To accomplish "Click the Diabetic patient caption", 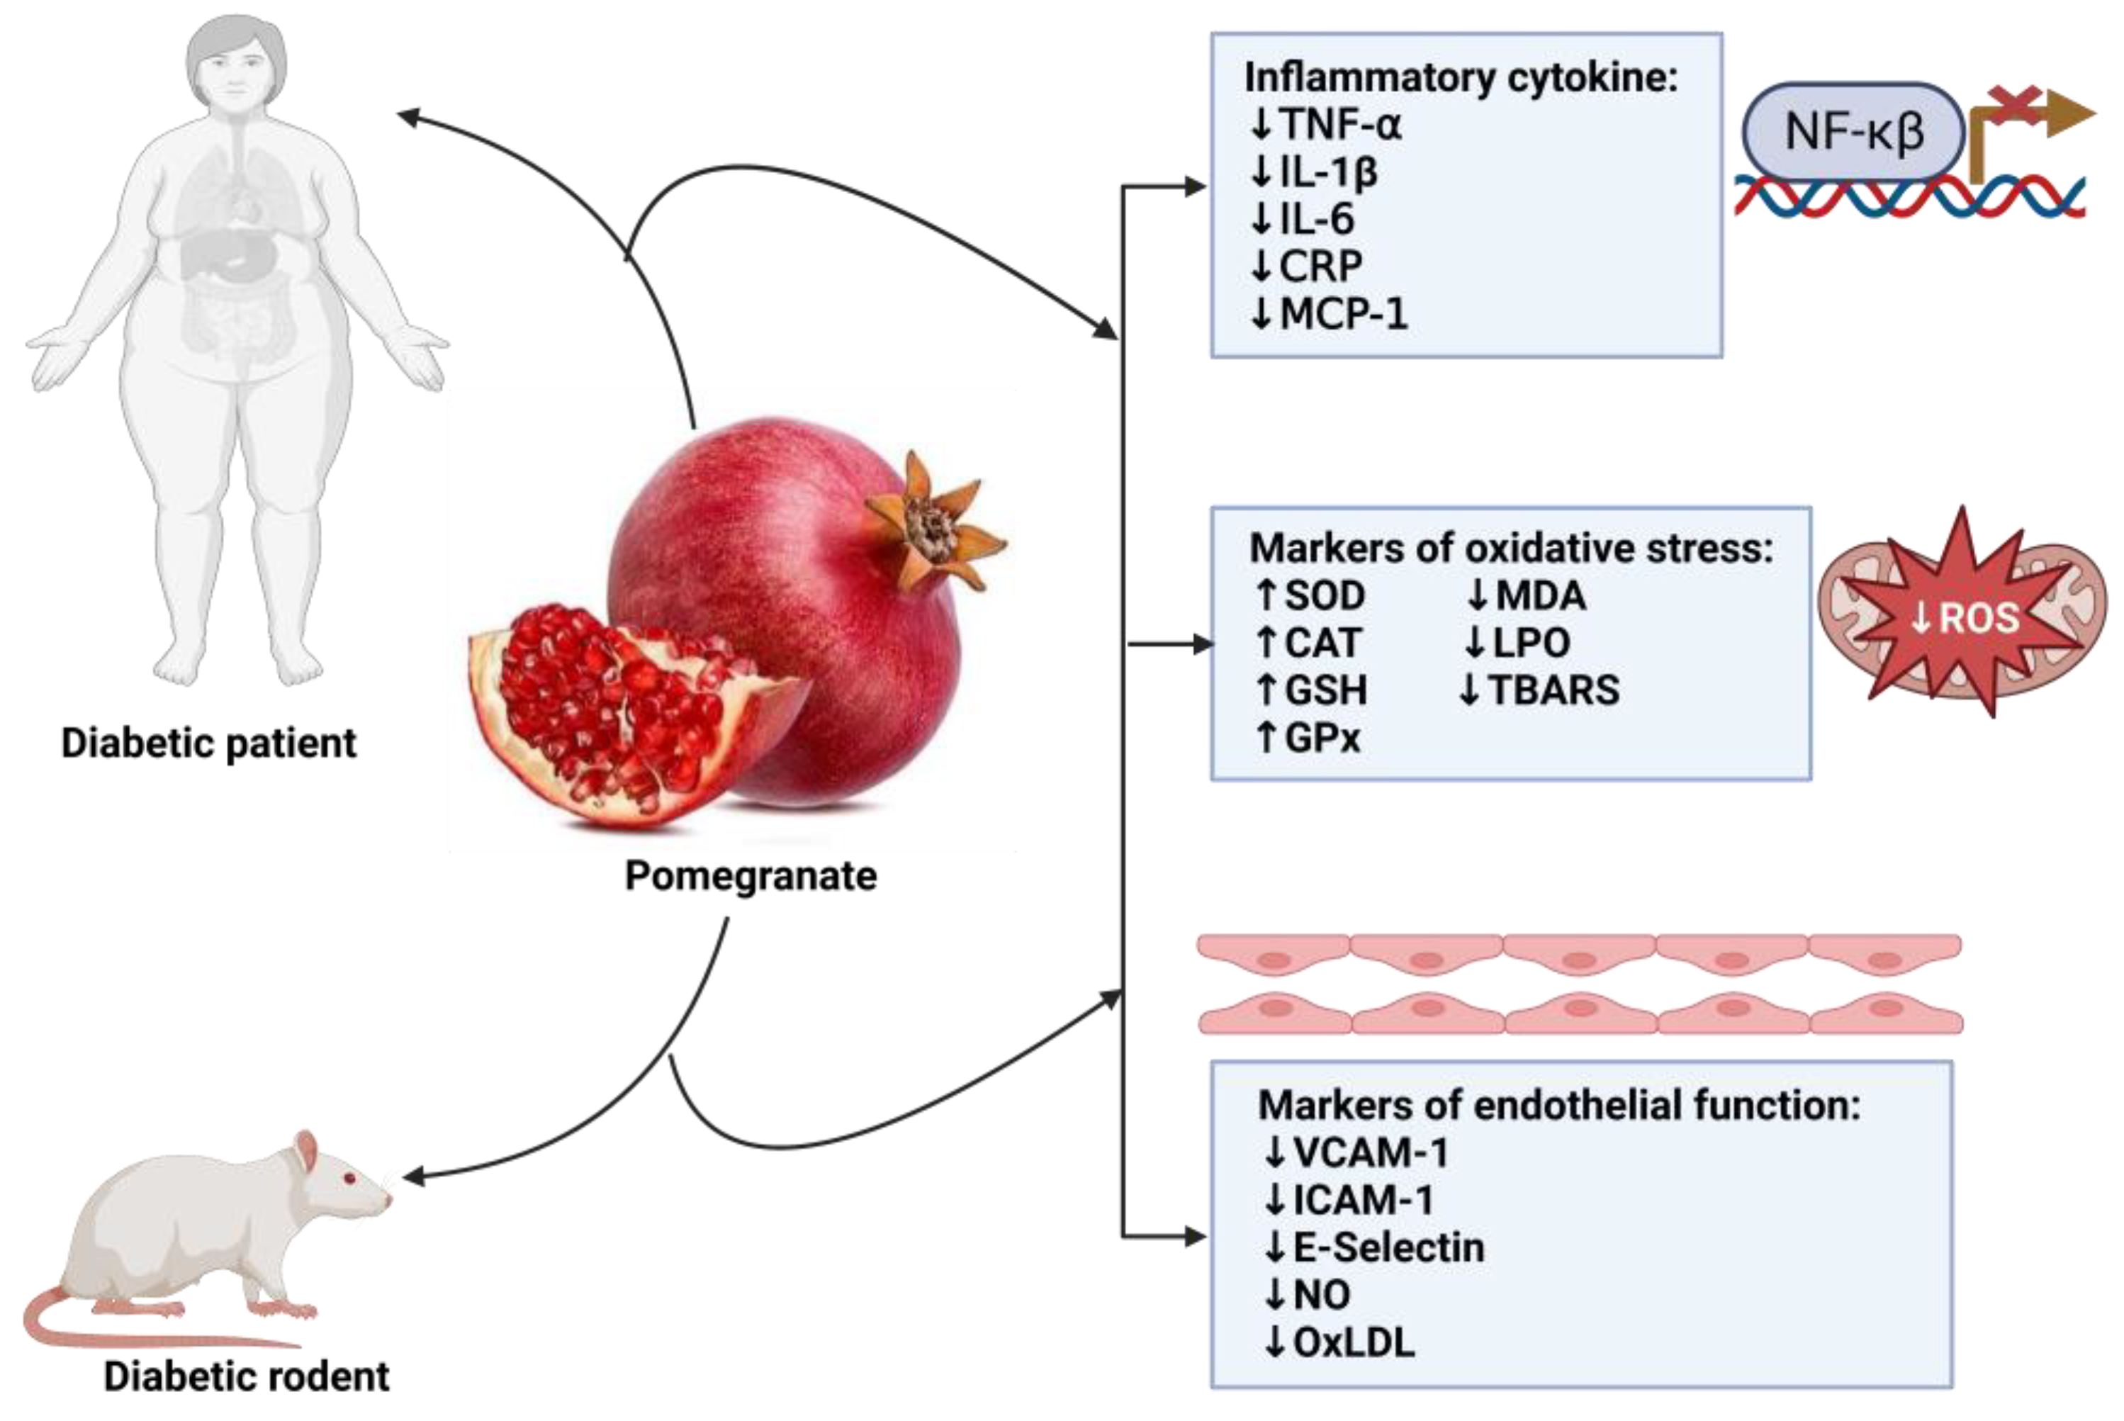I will click(x=208, y=743).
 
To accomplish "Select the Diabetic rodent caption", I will click(x=247, y=1376).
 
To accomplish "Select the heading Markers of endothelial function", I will click(x=1558, y=1105).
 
